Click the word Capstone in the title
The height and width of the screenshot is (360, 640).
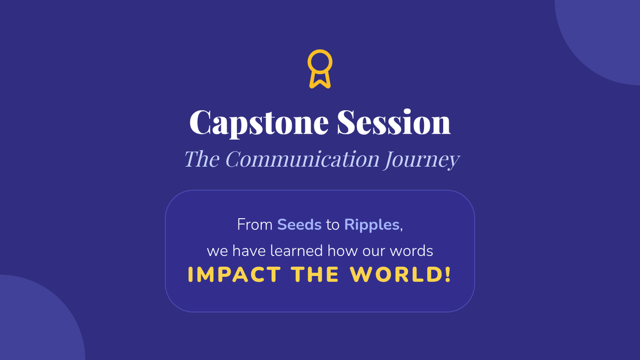point(259,123)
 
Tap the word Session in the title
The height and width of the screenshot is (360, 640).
point(394,122)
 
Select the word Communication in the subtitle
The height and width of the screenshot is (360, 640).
point(302,158)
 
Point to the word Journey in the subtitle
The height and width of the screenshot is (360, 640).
point(421,159)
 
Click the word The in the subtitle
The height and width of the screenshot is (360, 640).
point(202,158)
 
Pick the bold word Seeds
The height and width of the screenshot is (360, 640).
point(299,225)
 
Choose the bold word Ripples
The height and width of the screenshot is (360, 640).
point(372,225)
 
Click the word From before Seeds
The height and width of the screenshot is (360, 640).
point(255,225)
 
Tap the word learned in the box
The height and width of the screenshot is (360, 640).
point(297,251)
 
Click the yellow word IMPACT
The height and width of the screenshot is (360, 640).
point(234,274)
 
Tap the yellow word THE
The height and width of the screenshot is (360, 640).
point(315,274)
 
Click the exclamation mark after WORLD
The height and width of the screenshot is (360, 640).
point(447,274)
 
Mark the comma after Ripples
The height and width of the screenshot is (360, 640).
point(401,229)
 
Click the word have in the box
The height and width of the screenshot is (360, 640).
point(249,251)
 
